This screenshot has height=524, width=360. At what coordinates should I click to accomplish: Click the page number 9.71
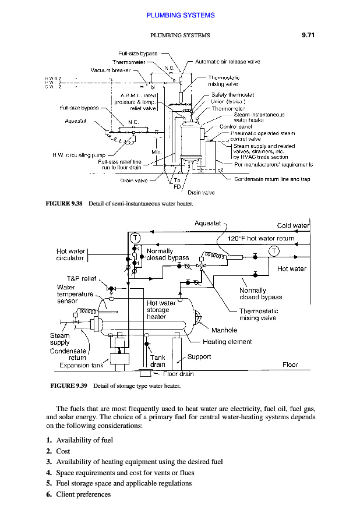[x=308, y=36]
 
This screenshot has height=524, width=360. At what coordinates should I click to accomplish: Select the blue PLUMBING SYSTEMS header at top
[x=180, y=15]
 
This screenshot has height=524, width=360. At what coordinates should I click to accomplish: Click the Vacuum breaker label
[x=111, y=70]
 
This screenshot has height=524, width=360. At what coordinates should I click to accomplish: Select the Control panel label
[x=236, y=126]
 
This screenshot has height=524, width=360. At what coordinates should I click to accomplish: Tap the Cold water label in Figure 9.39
[x=293, y=226]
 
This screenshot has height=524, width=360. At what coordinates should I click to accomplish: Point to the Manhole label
[x=224, y=330]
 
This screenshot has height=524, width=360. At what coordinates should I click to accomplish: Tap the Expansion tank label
[x=81, y=365]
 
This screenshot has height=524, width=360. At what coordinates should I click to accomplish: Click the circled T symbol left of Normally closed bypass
[x=135, y=237]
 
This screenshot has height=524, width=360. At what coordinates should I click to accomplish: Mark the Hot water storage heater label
[x=161, y=310]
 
